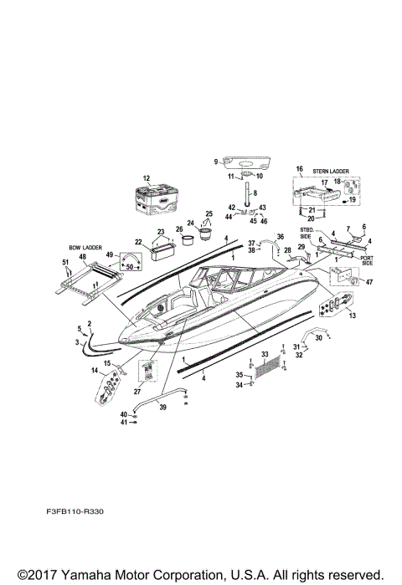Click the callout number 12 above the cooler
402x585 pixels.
coord(146,178)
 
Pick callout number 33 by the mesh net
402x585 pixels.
coord(265,355)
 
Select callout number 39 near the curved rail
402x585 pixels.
coord(163,407)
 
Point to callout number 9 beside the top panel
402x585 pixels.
coord(215,161)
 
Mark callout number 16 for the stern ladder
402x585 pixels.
coord(298,169)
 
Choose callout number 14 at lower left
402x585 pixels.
coord(94,371)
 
